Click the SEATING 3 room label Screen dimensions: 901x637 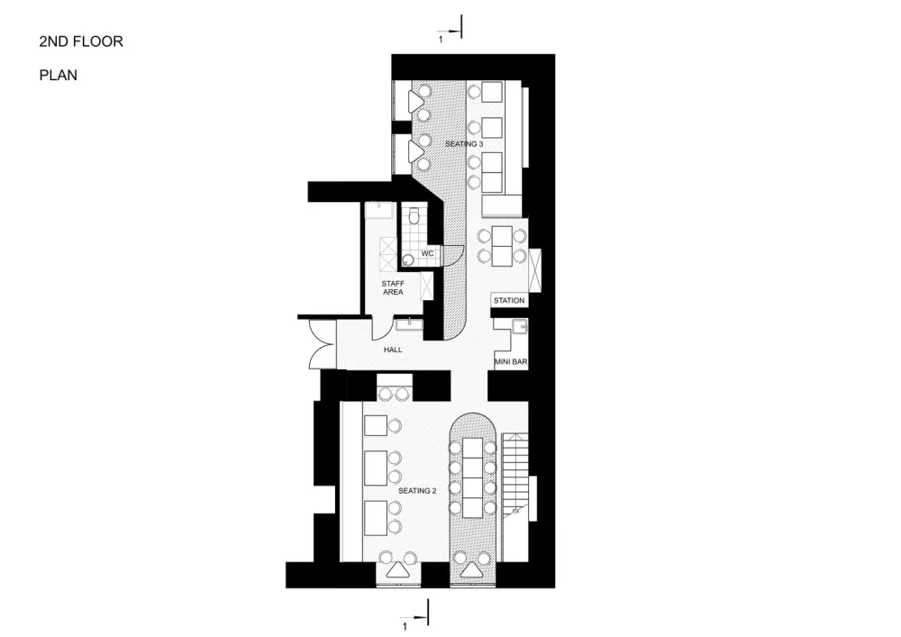464,144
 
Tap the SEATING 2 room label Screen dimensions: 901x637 417,491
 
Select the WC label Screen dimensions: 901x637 427,253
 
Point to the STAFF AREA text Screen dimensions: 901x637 393,287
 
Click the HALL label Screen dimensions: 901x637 393,350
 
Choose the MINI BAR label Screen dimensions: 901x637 511,362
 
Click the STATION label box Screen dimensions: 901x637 509,300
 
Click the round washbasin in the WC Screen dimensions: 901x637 408,259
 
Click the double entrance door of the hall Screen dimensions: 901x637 322,344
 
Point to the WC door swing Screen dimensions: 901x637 453,256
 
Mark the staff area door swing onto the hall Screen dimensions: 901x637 381,327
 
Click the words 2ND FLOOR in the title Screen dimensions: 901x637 81,41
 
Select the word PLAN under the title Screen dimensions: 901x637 58,76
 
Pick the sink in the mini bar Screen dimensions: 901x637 521,328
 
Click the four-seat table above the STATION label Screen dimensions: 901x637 502,246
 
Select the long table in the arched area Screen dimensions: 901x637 472,477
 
